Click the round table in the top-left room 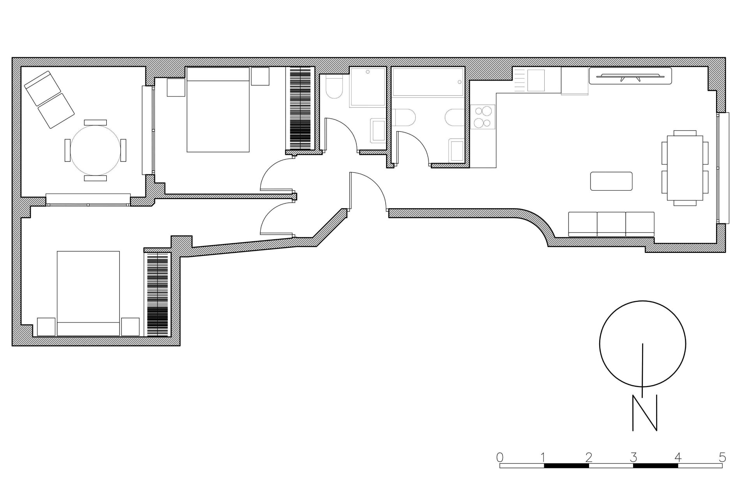click(95, 150)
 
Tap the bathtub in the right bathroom click(428, 82)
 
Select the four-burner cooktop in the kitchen click(482, 117)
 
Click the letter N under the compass click(644, 413)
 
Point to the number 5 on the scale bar click(722, 456)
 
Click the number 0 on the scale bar click(500, 456)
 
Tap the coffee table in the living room click(611, 181)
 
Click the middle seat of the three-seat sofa click(611, 224)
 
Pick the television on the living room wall click(630, 76)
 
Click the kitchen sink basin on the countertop click(536, 81)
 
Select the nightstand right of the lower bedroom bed click(130, 327)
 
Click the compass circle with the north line click(642, 344)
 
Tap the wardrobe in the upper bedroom click(300, 109)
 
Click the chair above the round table click(95, 122)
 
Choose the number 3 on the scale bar click(633, 456)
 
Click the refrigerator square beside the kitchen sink click(574, 81)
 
